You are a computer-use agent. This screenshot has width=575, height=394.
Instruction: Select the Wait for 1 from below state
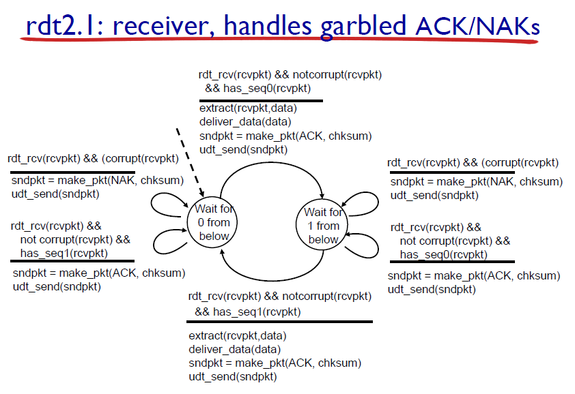coord(323,225)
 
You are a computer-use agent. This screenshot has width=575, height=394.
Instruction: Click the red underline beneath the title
coord(273,42)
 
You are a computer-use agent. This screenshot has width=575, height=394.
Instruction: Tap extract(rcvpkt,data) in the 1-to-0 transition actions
coord(237,336)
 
